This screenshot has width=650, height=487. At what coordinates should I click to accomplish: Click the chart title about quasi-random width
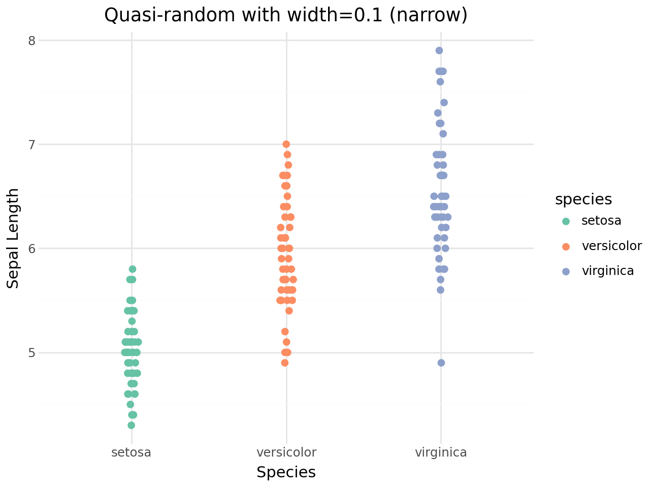tap(285, 15)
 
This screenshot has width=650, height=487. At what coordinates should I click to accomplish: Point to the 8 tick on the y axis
tap(31, 41)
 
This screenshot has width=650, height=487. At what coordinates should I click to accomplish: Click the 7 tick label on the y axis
tap(31, 145)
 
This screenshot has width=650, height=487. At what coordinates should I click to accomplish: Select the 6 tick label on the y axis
tap(31, 249)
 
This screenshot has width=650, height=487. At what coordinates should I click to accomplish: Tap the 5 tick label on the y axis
tap(31, 353)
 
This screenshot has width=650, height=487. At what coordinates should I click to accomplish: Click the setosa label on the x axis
tap(132, 452)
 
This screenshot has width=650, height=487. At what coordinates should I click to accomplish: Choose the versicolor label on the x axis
tap(286, 452)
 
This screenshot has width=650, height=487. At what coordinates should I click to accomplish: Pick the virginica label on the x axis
tap(441, 452)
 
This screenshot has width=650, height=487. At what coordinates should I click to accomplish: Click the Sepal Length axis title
tap(13, 238)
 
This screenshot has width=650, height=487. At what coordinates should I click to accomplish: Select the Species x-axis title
tap(286, 472)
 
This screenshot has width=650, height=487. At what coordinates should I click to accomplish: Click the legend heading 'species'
tap(583, 199)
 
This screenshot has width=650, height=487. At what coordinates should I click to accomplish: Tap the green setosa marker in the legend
tap(566, 221)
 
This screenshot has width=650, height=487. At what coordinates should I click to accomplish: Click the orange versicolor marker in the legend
tap(566, 247)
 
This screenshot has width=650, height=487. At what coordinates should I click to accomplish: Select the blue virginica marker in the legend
tap(566, 271)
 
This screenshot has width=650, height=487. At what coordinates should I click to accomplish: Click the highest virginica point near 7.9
tap(439, 50)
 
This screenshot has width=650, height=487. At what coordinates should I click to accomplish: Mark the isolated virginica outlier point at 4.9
tap(441, 363)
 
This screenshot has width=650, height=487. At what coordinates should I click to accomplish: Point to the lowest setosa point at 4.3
tap(131, 425)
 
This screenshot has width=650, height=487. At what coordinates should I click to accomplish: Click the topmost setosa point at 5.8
tap(133, 269)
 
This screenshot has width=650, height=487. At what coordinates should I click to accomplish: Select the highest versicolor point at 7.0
tap(286, 144)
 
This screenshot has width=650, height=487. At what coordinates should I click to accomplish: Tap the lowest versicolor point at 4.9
tap(285, 363)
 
